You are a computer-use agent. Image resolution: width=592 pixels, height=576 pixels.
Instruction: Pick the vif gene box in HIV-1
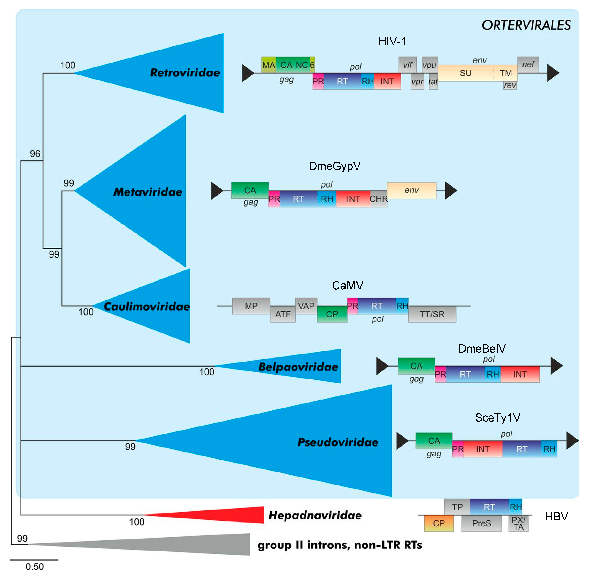pos(407,65)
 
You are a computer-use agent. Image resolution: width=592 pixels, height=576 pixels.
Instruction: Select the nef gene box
pos(528,64)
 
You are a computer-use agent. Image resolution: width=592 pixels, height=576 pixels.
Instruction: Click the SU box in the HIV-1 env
pos(465,73)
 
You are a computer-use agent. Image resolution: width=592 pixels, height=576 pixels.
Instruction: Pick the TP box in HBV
pos(457,507)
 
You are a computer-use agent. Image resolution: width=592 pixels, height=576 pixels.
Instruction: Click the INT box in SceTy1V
pos(482,449)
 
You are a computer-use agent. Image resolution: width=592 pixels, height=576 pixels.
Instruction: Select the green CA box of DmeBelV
pos(416,366)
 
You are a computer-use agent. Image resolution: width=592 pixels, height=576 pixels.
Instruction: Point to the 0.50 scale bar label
pos(35,566)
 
